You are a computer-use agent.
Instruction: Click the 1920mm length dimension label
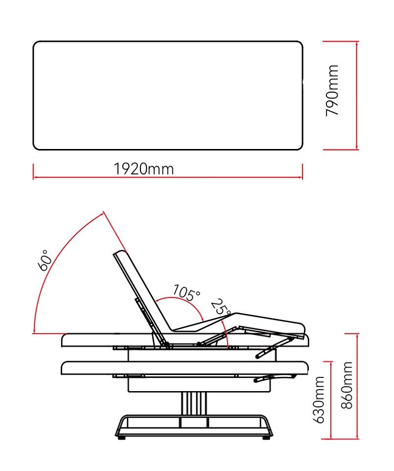tap(144, 169)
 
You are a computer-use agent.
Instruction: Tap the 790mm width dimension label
tap(332, 90)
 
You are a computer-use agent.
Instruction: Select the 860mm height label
tap(347, 385)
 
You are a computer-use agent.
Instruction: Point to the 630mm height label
tap(319, 399)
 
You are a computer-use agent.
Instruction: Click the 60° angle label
tap(45, 260)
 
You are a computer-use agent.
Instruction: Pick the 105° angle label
tap(186, 293)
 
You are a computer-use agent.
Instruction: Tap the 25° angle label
tap(221, 307)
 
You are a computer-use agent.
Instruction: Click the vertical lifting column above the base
tap(194, 404)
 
